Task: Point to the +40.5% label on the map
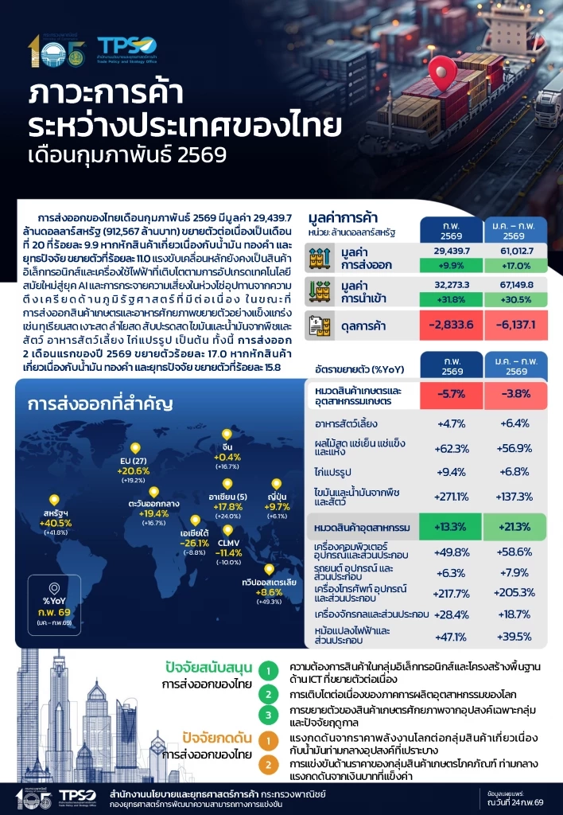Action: [x=58, y=523]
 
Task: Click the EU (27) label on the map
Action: [x=133, y=461]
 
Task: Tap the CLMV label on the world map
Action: [x=229, y=542]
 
